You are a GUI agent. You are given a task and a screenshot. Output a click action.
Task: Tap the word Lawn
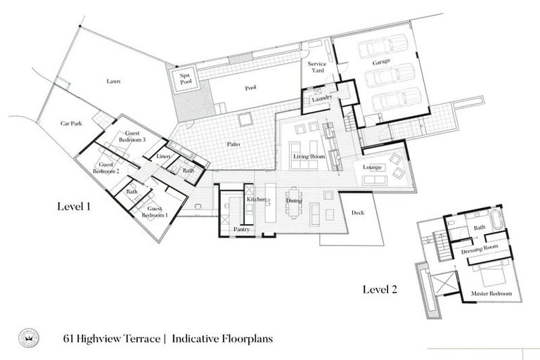coord(113,82)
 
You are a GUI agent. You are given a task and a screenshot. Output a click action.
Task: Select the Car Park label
coord(71,124)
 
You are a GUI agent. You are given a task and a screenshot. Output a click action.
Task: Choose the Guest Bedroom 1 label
coord(157,212)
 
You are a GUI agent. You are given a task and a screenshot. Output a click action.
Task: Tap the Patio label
coord(233,143)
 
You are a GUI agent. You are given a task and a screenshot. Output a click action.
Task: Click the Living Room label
coord(309,156)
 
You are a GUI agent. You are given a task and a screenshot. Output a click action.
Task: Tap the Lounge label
coord(372,167)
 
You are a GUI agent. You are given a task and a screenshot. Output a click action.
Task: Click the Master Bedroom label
coord(490,292)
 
